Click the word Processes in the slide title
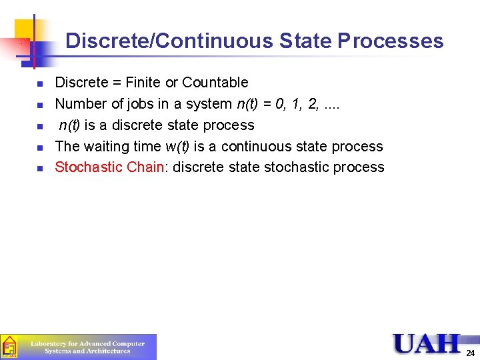tap(391, 41)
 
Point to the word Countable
tap(215, 83)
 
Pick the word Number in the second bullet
tap(79, 104)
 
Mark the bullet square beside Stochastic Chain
tap(40, 168)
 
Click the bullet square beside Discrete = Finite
tap(40, 83)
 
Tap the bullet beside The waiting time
tap(40, 147)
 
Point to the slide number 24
tap(470, 353)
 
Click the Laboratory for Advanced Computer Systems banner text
tap(88, 347)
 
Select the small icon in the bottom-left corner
tap(9, 347)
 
